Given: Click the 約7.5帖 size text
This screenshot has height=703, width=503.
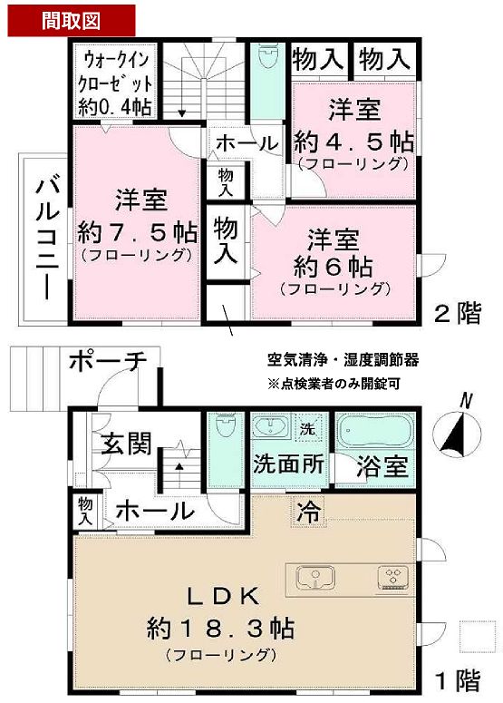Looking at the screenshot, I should pos(137,228).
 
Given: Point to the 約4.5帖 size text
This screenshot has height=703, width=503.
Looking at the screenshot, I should pos(354,142).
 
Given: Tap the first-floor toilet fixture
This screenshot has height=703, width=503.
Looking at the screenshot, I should pos(223,432).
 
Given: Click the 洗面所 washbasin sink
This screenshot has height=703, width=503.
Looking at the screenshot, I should pos(269,427).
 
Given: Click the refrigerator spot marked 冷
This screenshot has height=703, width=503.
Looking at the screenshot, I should pos(308,511).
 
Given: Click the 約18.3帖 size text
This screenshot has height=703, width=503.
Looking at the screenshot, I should pos(220,627).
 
